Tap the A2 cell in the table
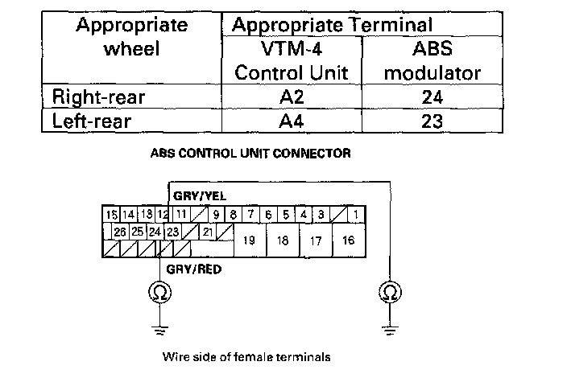[292, 97]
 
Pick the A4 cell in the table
[292, 123]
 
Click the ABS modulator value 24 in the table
[432, 97]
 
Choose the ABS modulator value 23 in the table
[432, 123]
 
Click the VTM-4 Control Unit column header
[292, 60]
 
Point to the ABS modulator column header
[432, 60]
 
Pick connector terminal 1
[354, 215]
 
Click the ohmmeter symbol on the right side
[389, 293]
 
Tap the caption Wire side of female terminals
[246, 355]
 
